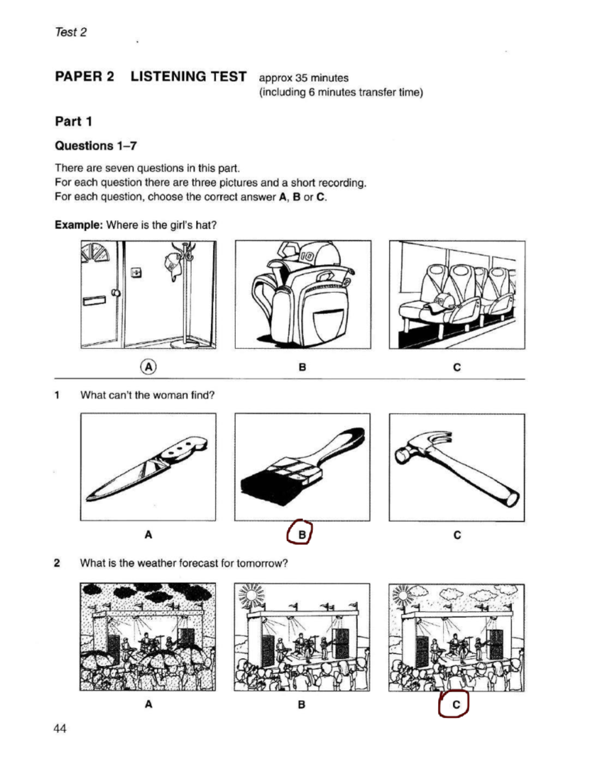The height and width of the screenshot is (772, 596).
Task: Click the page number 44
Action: pos(60,729)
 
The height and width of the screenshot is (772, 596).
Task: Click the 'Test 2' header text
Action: pos(71,32)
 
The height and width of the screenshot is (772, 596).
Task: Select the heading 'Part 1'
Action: pos(74,121)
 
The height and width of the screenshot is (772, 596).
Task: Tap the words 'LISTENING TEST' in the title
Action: pos(188,77)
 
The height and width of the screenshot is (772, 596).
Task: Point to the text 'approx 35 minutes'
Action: pos(303,78)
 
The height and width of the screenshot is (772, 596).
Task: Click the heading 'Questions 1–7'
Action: pos(96,146)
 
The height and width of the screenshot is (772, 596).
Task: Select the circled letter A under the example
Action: pos(148,367)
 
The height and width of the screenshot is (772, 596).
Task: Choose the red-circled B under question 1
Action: pos(301,535)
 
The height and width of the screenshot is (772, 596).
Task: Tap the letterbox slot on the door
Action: pos(94,300)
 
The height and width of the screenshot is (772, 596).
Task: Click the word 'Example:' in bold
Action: pos(78,225)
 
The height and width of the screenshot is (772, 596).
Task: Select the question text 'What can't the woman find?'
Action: pos(148,395)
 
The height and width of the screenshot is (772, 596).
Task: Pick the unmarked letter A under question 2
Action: pos(148,704)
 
